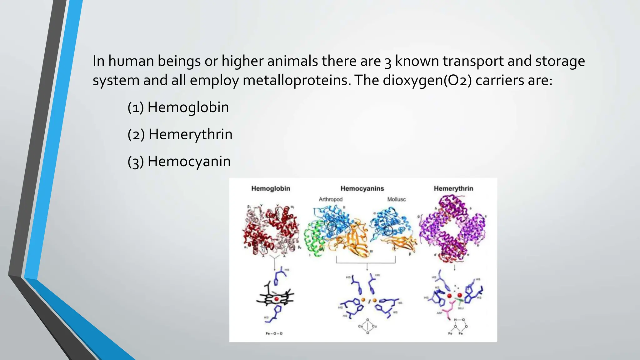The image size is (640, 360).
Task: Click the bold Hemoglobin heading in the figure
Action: point(271,188)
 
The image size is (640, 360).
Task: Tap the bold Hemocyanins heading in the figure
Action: point(362,188)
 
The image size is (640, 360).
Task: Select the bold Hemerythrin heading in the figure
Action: point(453,188)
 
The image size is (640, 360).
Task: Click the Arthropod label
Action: point(330,199)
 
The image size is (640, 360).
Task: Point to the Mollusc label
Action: point(396,199)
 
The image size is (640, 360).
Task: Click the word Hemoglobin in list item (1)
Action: point(188,107)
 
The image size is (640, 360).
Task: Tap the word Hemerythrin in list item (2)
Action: point(190,134)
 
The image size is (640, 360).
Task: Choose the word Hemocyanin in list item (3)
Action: point(189,162)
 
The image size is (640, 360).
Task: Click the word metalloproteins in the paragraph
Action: point(295,80)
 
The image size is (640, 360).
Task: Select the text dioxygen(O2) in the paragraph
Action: point(427,80)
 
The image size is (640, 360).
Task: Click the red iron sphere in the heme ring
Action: point(276,299)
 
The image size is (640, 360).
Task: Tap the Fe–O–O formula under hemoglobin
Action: point(274,333)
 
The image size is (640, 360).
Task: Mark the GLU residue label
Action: point(460,308)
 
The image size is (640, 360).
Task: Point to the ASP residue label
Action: point(439,313)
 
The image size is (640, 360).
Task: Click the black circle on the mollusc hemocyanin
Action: point(388,231)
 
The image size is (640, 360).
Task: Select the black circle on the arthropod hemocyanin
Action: point(332,226)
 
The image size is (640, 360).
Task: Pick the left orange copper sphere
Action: point(363,300)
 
